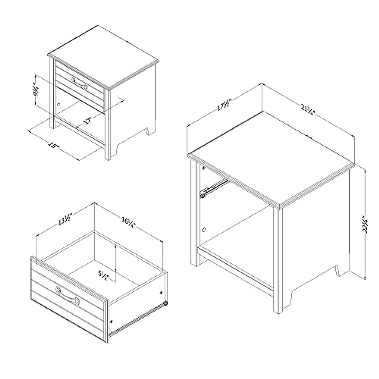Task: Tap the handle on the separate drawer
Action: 67,296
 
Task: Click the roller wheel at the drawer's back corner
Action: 165,304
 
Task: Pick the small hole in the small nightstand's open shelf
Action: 58,103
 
